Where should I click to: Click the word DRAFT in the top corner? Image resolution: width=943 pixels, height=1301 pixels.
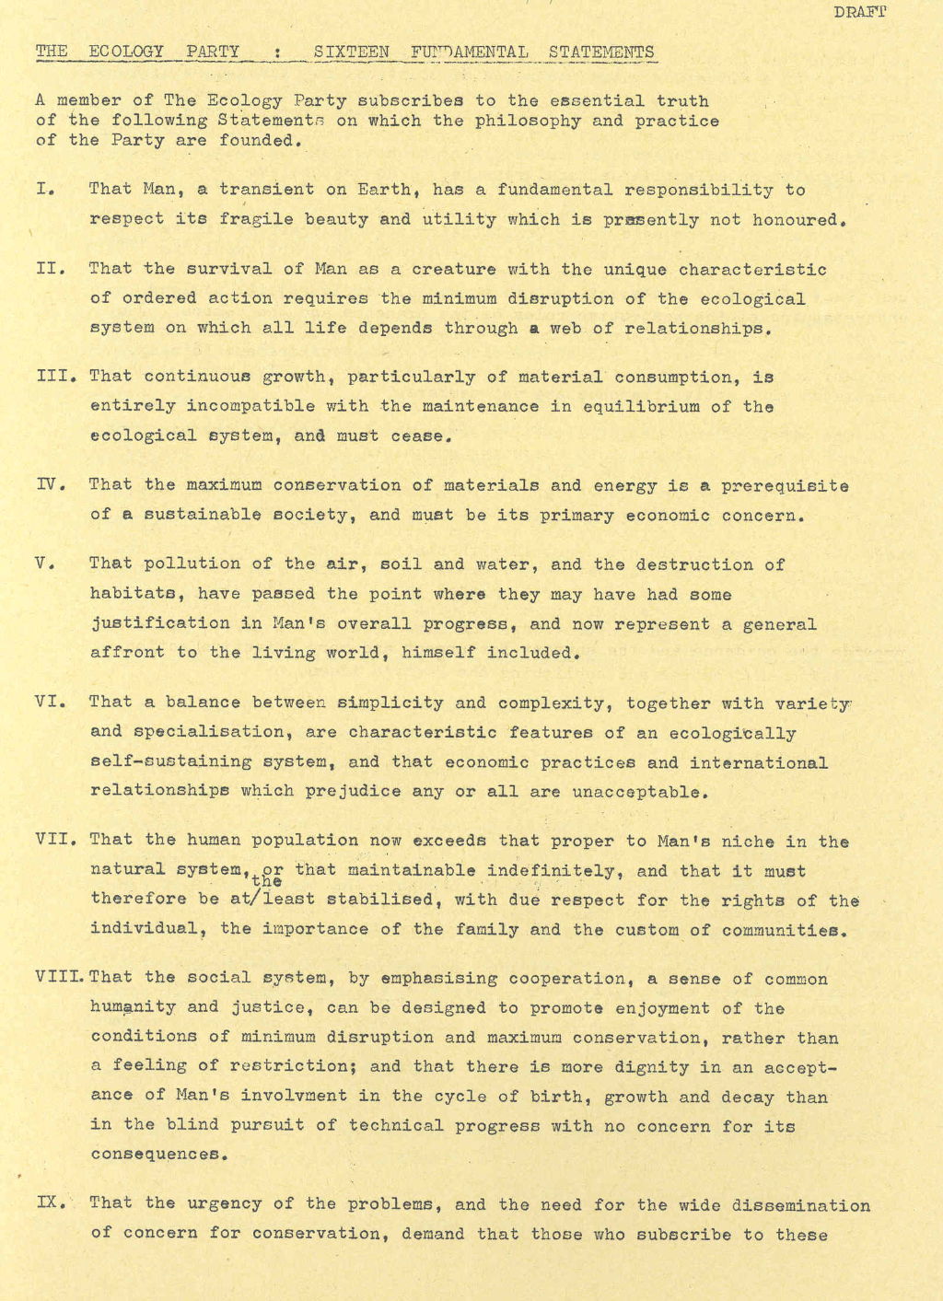point(860,12)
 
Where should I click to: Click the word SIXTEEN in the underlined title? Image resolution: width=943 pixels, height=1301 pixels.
point(351,52)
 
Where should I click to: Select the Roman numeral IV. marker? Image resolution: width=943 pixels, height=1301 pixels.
point(50,484)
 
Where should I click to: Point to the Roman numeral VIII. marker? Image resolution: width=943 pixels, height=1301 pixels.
point(61,978)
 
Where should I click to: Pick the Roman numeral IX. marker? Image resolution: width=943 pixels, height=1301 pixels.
point(50,1202)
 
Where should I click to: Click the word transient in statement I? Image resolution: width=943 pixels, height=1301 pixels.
point(267,190)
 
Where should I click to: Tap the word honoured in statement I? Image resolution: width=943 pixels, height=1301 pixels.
point(797,220)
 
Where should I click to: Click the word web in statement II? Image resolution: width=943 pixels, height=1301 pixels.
point(565,328)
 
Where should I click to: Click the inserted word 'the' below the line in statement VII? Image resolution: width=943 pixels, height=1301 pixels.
point(266,882)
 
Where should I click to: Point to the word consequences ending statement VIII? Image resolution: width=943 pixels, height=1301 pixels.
point(155,1154)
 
